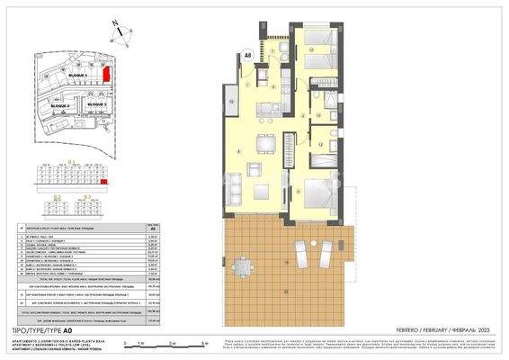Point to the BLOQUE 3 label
(x=97, y=104)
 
